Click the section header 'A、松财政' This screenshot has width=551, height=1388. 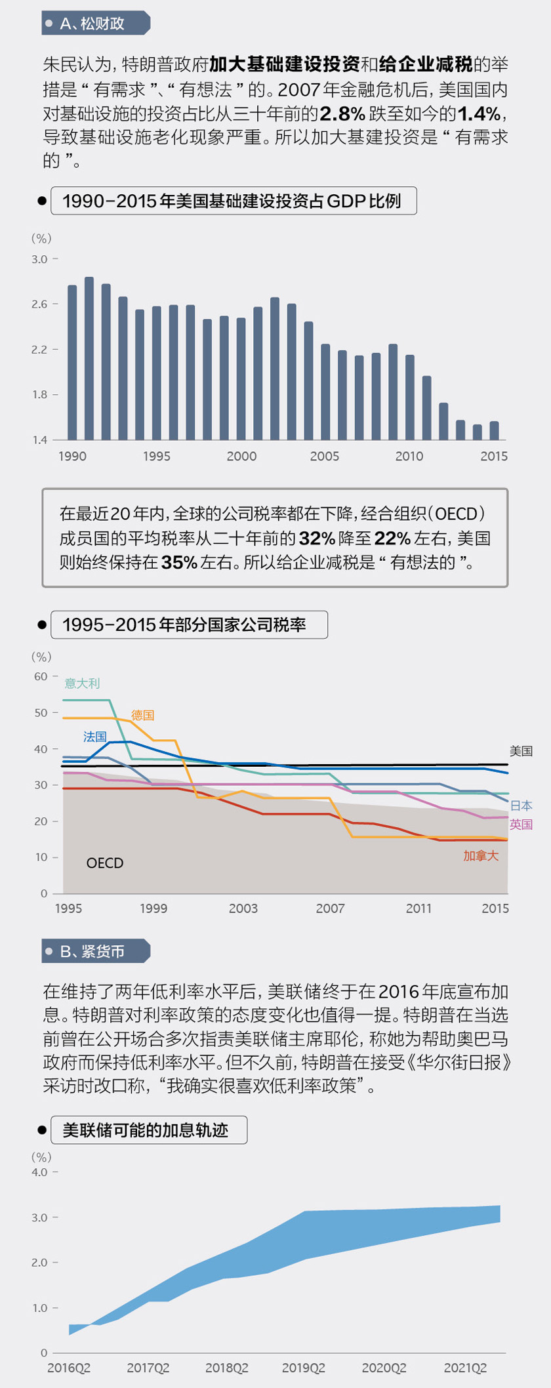coord(92,24)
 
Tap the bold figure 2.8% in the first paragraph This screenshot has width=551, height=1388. coord(342,113)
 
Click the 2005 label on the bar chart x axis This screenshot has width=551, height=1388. coord(325,456)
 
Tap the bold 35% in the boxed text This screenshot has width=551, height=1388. coord(179,562)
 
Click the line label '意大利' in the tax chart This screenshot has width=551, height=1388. coord(82,684)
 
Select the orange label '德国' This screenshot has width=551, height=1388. coord(142,715)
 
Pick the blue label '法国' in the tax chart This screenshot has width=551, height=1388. coord(94,737)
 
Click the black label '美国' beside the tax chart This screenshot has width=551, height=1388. coord(521,751)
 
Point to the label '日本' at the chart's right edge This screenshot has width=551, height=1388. coord(521,806)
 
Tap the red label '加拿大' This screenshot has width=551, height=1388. coord(481,855)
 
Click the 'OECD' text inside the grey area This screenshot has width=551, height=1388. coord(105,863)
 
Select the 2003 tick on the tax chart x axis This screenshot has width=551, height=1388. coord(243,908)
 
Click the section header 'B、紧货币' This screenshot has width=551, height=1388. coord(92,951)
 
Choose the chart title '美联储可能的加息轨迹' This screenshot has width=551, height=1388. coord(145,1130)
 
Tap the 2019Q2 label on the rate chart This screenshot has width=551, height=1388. coord(304,1368)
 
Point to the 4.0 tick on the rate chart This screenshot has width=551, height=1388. coord(39,1172)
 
